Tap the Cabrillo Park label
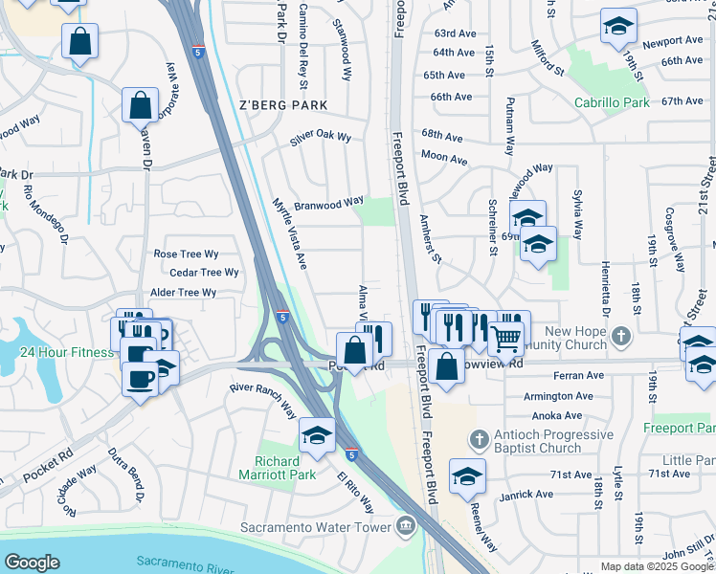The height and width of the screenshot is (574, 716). [612, 102]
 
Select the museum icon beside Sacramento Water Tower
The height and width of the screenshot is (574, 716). [406, 526]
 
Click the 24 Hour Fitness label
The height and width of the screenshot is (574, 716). [65, 351]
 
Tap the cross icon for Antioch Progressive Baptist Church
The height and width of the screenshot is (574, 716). [479, 438]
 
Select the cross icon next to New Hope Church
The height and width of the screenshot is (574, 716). [621, 336]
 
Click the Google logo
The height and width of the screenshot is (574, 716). [32, 562]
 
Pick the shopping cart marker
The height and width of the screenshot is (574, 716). [505, 337]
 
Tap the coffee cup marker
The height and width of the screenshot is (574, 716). [140, 378]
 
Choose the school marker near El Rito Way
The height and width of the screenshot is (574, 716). [317, 435]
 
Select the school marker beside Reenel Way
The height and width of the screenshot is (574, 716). [467, 475]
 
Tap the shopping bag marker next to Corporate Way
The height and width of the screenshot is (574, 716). [140, 103]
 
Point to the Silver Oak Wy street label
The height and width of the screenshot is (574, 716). [321, 141]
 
